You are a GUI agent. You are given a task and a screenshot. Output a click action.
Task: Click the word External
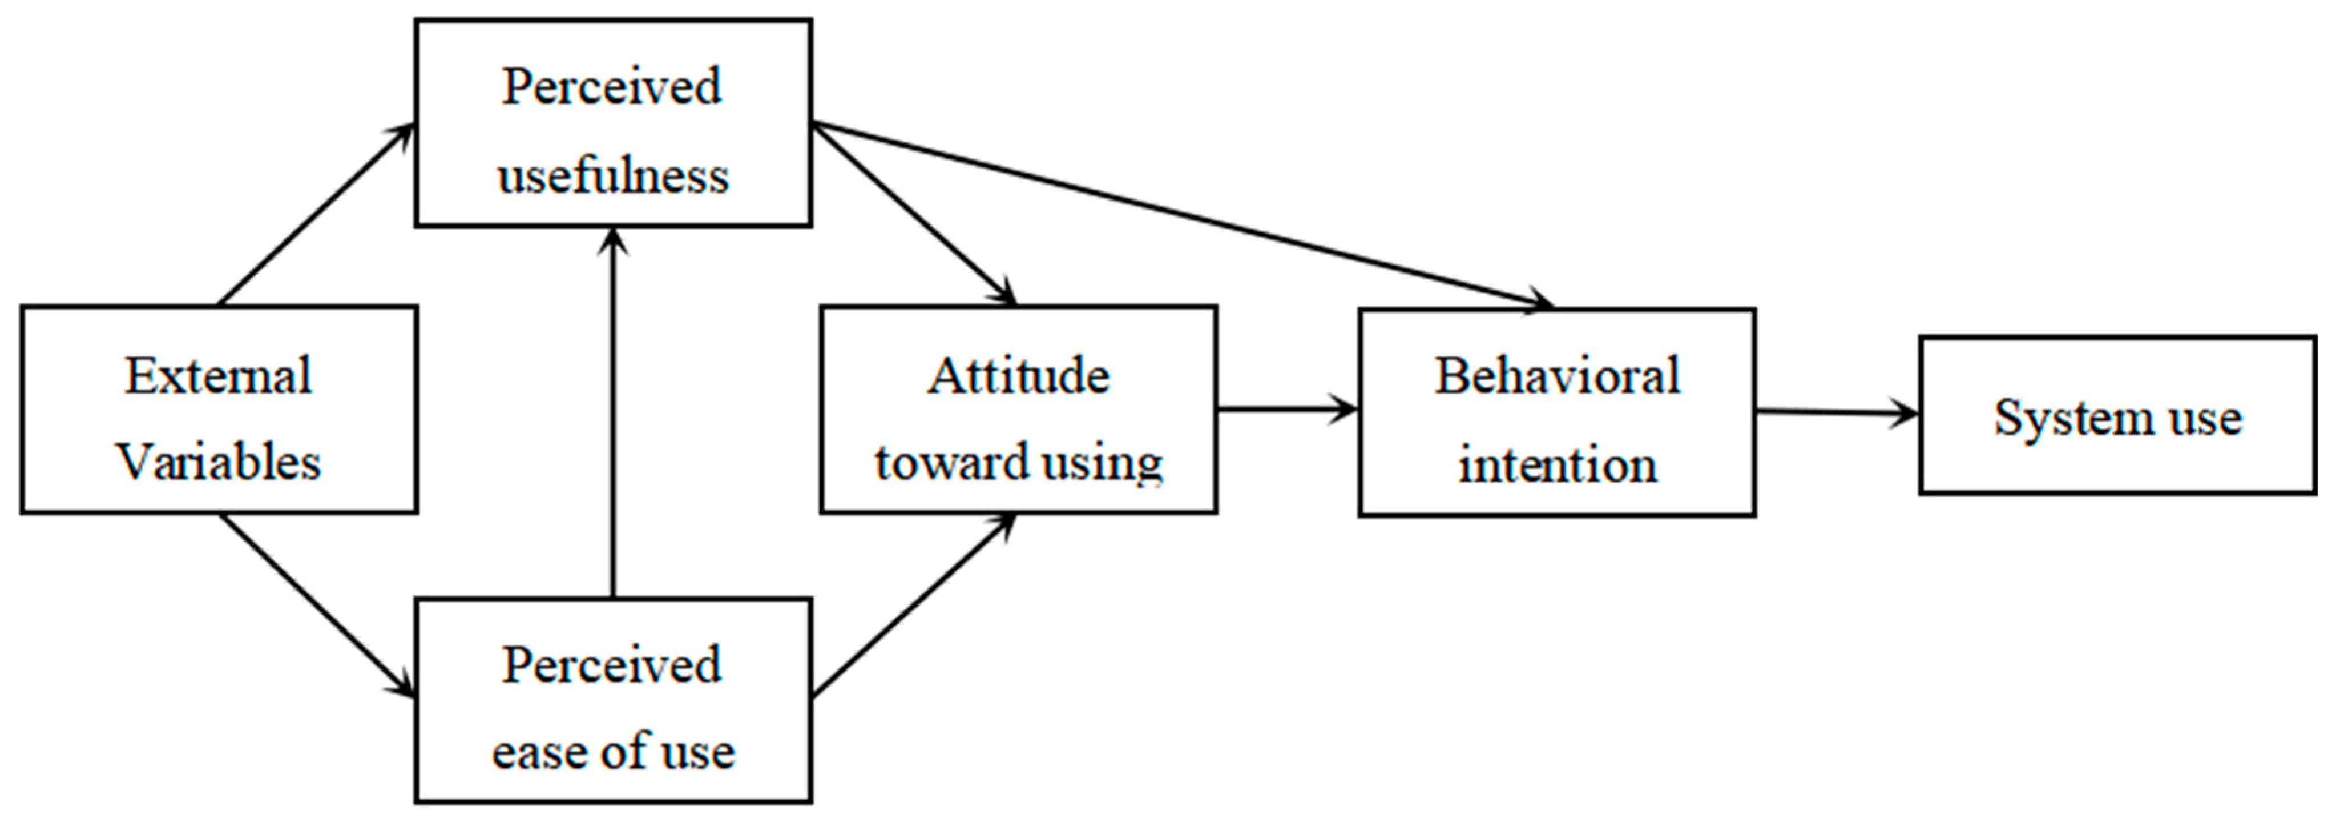pyautogui.click(x=218, y=376)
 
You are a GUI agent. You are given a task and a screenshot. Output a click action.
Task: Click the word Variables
pyautogui.click(x=218, y=462)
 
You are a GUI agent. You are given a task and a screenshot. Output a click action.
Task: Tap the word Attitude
pyautogui.click(x=1018, y=376)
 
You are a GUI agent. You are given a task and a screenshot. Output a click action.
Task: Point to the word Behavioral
pyautogui.click(x=1557, y=376)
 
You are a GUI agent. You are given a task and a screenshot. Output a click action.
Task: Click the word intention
pyautogui.click(x=1557, y=464)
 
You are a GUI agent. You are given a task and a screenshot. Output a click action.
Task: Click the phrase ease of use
pyautogui.click(x=613, y=752)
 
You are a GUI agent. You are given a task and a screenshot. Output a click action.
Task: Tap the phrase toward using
pyautogui.click(x=1018, y=462)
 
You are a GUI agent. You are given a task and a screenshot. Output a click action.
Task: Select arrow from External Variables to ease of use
pyautogui.click(x=317, y=605)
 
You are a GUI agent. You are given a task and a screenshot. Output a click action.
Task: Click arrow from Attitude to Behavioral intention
pyautogui.click(x=1285, y=410)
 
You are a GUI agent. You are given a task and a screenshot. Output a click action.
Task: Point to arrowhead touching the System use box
pyautogui.click(x=1906, y=415)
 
